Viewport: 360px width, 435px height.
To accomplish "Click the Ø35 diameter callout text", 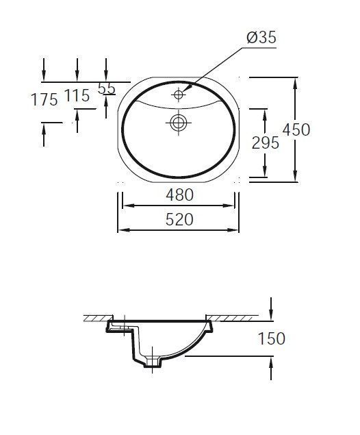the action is click(x=261, y=38).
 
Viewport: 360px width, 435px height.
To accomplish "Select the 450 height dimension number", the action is click(x=296, y=130).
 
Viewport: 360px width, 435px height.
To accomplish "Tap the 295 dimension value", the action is click(x=266, y=143).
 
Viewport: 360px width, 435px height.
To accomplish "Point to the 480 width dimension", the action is click(x=179, y=195).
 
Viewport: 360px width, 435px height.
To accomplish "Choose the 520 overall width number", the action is click(x=179, y=220).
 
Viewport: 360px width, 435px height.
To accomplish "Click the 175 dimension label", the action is click(x=44, y=99).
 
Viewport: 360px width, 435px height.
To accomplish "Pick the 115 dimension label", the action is click(x=77, y=96).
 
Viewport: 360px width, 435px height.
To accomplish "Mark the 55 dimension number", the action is click(x=107, y=89).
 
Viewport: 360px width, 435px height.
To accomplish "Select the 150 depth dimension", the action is click(x=271, y=338).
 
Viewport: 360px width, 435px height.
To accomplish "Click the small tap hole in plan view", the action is click(x=178, y=95).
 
